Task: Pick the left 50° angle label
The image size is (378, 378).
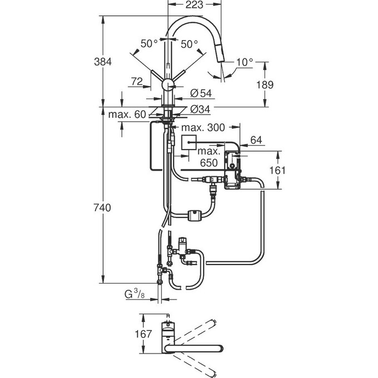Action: coord(148,43)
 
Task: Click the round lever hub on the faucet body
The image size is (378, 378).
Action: coord(167,85)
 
